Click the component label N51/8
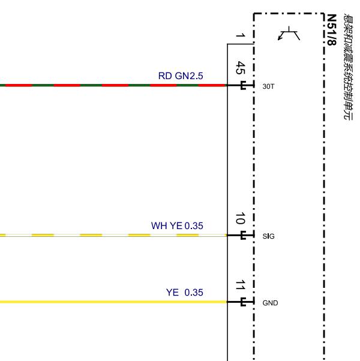pyautogui.click(x=332, y=30)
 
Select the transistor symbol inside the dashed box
pyautogui.click(x=289, y=34)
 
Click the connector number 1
pyautogui.click(x=240, y=36)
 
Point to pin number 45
pyautogui.click(x=240, y=68)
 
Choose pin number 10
pyautogui.click(x=240, y=218)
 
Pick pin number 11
pyautogui.click(x=240, y=285)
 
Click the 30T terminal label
pyautogui.click(x=268, y=86)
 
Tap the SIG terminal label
pyautogui.click(x=268, y=236)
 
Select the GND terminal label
pyautogui.click(x=270, y=303)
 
